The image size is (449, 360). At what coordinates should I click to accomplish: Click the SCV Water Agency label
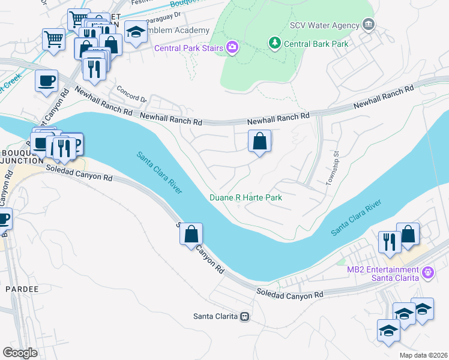pos(324,25)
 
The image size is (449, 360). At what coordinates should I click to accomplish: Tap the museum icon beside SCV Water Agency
pos(369,25)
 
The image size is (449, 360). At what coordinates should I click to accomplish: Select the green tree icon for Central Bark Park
pos(274,43)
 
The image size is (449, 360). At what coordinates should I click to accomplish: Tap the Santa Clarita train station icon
pos(244,316)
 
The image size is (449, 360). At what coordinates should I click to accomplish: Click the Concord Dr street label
pos(131,94)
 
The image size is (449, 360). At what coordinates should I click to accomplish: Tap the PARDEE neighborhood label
pos(22,289)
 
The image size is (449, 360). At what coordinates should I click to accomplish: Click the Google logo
pos(19,353)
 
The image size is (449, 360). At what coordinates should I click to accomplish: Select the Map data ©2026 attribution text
pos(423,355)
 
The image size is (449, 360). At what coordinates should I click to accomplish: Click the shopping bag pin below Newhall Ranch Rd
pos(260,142)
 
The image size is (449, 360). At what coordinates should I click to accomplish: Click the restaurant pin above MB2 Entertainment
pos(389,241)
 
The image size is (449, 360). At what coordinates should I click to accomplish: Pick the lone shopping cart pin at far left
pos(54,40)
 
